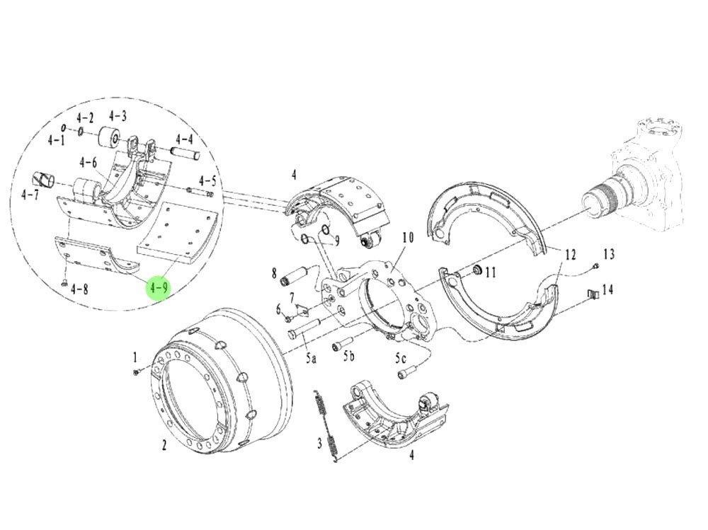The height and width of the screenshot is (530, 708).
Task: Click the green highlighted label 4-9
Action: [x=158, y=288]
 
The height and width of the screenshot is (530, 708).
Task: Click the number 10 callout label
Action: [x=406, y=237]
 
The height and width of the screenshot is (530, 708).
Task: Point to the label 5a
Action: [x=311, y=358]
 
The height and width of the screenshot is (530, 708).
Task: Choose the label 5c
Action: [x=401, y=357]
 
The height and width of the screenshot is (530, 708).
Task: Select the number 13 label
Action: [x=609, y=254]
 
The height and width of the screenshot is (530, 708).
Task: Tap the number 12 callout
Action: [x=571, y=254]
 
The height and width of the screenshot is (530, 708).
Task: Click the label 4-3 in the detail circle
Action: [x=118, y=116]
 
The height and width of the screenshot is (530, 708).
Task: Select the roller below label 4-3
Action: [x=110, y=137]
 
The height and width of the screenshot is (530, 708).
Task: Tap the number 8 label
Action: [x=273, y=272]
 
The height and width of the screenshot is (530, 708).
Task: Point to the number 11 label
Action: [x=491, y=272]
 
